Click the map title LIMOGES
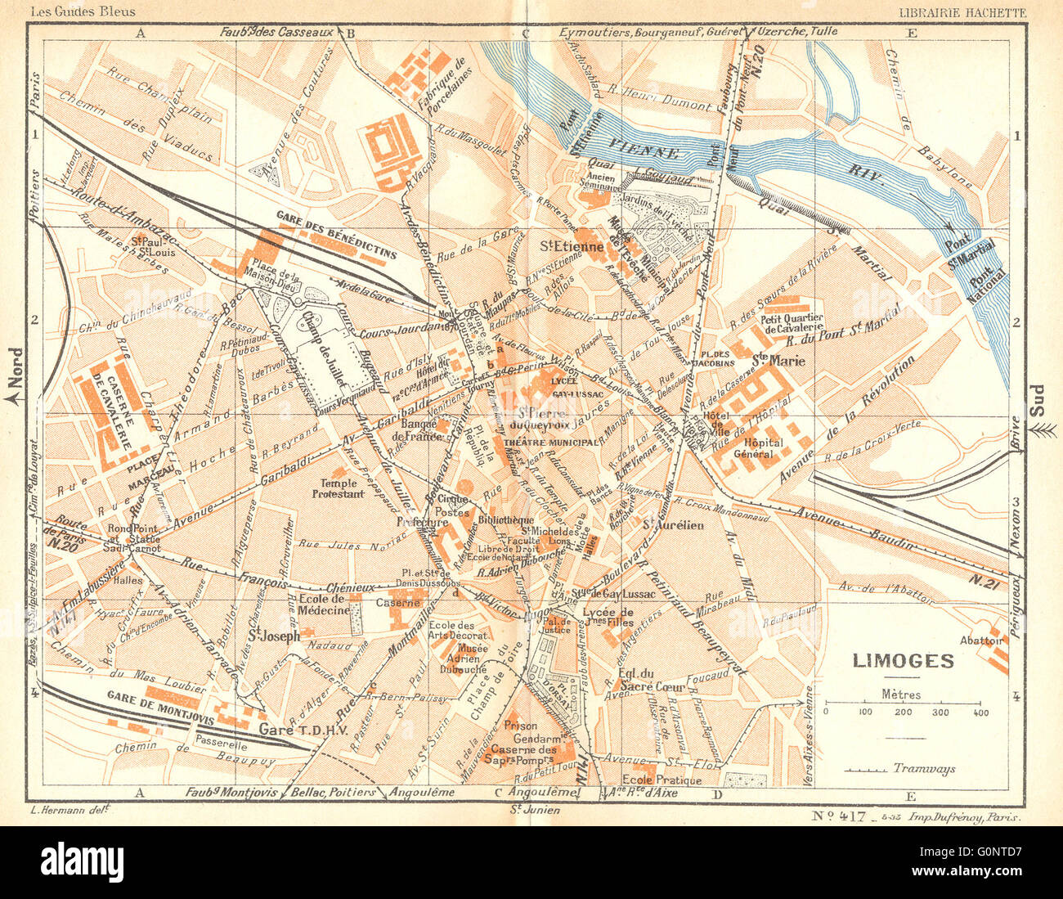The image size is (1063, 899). (904, 660)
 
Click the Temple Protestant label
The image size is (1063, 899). (343, 488)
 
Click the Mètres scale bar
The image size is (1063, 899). (902, 704)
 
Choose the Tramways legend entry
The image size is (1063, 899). (923, 768)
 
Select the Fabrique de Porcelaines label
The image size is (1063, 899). (447, 84)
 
